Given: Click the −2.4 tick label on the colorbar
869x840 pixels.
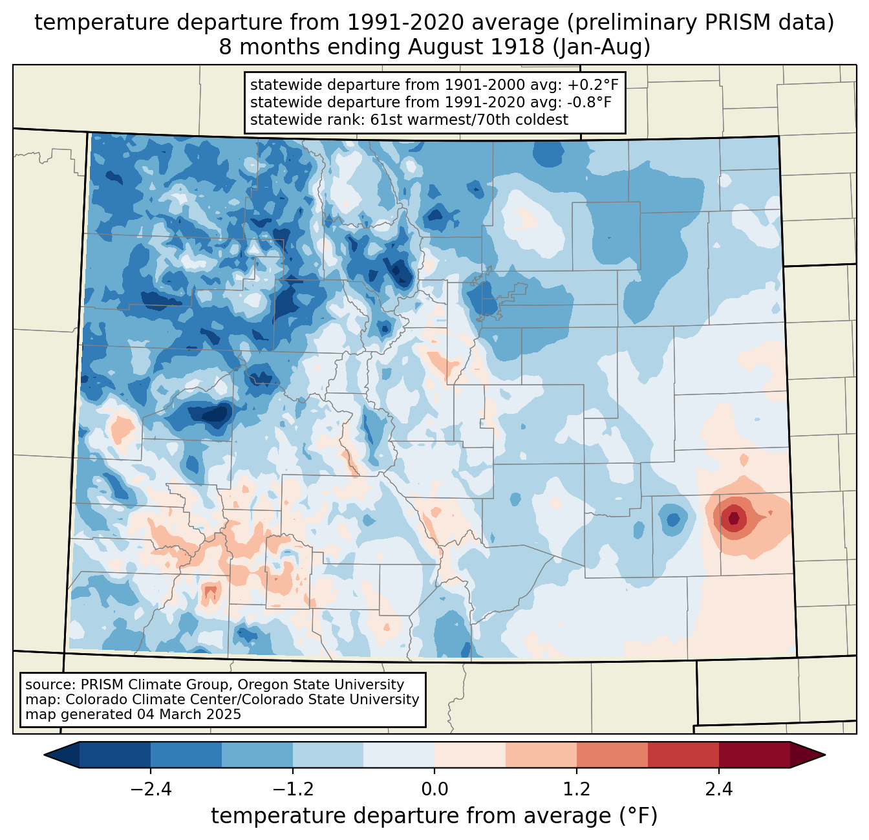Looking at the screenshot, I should point(150,790).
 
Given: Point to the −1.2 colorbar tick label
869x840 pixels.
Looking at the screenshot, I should point(292,790).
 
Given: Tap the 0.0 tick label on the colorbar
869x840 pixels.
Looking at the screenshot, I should point(434,790).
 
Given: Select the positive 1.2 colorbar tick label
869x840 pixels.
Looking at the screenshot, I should point(577,790).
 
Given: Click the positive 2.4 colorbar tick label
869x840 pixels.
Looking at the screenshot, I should point(718,790).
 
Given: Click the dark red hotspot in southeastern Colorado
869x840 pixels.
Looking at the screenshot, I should point(733,518).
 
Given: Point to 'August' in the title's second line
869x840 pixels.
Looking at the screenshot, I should point(437,48).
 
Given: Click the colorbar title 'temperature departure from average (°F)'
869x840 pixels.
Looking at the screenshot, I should point(434,816).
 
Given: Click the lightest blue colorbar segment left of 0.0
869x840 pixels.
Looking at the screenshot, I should point(399,755).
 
